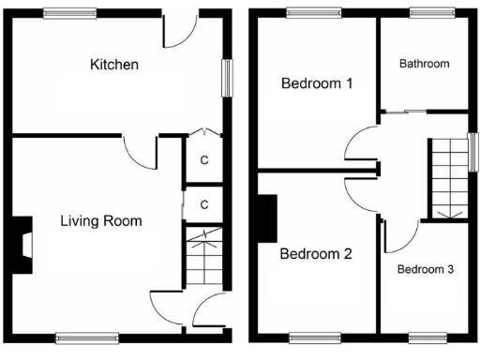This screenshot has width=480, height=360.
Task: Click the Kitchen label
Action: [114, 65]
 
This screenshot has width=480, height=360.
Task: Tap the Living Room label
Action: [101, 221]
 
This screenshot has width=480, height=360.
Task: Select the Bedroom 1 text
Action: [317, 83]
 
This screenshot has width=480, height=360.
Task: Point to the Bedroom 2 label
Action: [315, 253]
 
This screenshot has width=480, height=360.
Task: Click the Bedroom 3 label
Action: [425, 269]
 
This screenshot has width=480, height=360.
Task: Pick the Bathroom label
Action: [424, 64]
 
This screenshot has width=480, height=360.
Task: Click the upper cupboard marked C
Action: [203, 160]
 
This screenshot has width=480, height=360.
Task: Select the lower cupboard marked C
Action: [203, 204]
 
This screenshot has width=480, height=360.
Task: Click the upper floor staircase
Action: [448, 178]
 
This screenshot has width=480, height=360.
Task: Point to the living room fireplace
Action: [22, 245]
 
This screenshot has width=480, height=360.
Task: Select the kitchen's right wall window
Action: [225, 77]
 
